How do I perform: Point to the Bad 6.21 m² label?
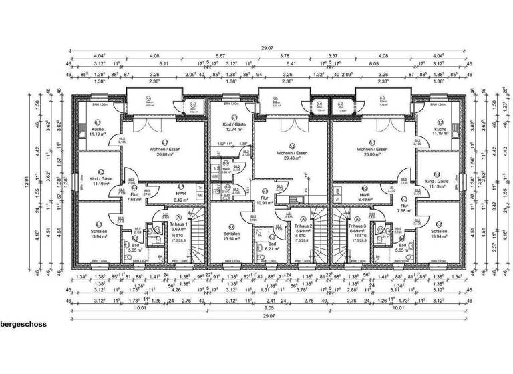(x=272, y=245)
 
